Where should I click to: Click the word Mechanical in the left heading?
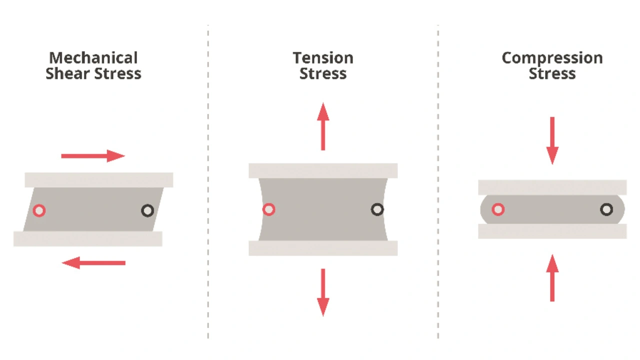(x=93, y=58)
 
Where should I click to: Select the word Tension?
(x=323, y=58)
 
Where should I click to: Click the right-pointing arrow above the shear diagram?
(x=93, y=156)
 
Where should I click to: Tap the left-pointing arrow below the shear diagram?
(x=93, y=263)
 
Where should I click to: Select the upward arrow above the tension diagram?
(x=323, y=126)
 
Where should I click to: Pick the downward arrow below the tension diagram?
(x=323, y=292)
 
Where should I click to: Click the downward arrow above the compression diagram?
(x=552, y=141)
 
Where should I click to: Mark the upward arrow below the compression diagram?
(x=552, y=277)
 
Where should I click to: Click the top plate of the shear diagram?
(x=99, y=180)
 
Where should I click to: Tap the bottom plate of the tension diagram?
(x=323, y=248)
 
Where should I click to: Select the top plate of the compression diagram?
(x=552, y=187)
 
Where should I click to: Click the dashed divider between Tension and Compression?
(x=438, y=181)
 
